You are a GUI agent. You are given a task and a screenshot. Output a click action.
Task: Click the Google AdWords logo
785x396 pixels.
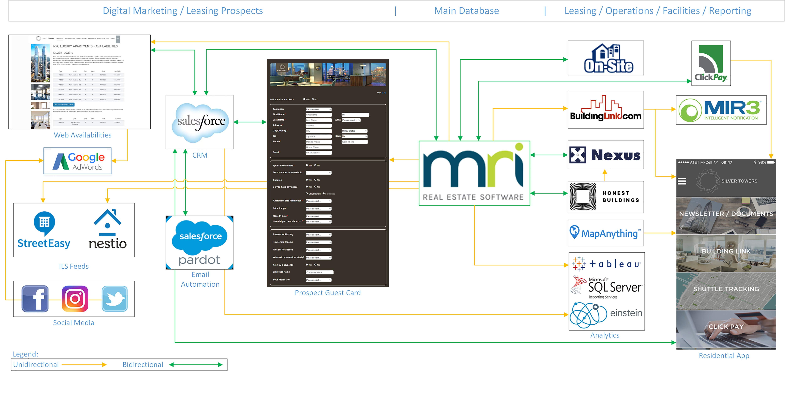pos(78,161)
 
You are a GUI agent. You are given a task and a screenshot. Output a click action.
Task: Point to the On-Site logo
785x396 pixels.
pos(606,58)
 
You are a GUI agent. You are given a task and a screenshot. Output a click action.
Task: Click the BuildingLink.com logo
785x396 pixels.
pos(606,110)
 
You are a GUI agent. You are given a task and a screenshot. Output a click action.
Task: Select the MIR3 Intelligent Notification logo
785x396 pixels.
pos(721,110)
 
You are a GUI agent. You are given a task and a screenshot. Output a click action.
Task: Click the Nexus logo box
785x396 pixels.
pos(606,155)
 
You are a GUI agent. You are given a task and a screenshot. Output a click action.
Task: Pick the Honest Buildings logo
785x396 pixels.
pos(606,197)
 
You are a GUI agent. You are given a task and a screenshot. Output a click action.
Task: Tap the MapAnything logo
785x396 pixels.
pos(606,233)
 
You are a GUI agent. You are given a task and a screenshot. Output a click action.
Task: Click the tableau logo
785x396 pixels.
pos(606,264)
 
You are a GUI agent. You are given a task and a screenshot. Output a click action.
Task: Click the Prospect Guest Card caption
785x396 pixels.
pos(328,293)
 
